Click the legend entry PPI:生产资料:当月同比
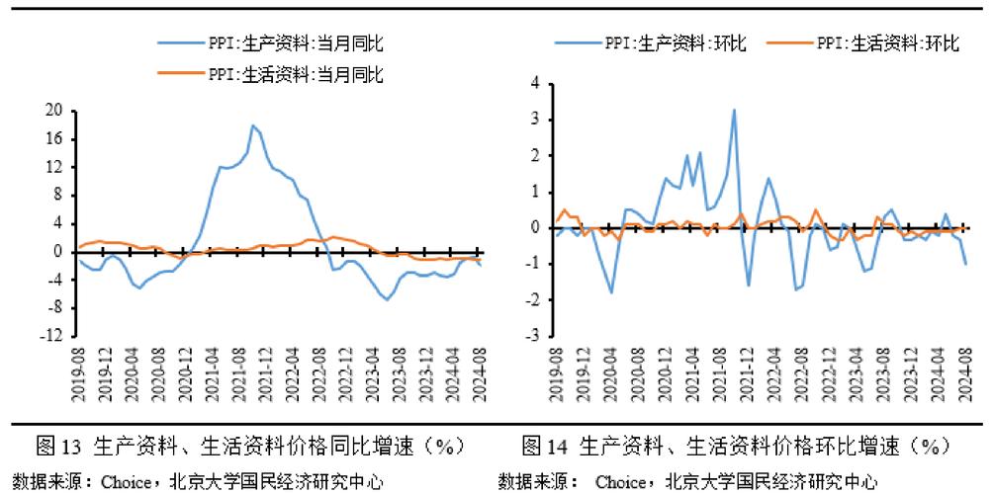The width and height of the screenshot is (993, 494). pyautogui.click(x=295, y=44)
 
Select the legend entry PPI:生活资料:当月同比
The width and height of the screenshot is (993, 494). pyautogui.click(x=295, y=74)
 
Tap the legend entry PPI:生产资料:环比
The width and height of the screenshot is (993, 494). pyautogui.click(x=673, y=43)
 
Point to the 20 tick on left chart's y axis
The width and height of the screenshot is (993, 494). pyautogui.click(x=53, y=110)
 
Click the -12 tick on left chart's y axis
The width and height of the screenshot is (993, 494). pyautogui.click(x=49, y=337)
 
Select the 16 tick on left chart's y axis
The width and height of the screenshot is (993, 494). pyautogui.click(x=53, y=138)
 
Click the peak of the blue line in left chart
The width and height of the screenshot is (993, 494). pyautogui.click(x=253, y=125)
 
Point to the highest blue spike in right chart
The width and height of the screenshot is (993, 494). pyautogui.click(x=734, y=110)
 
